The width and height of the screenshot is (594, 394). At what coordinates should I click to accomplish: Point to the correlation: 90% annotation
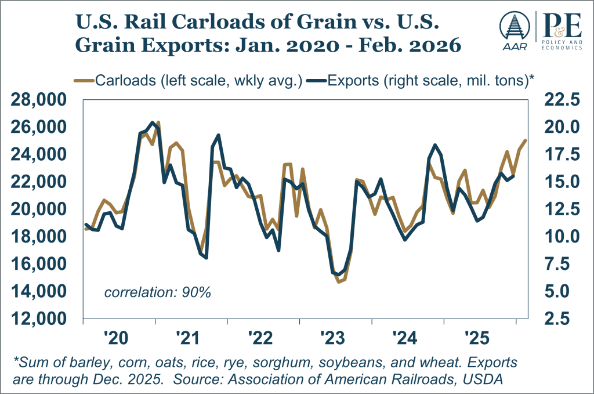pyautogui.click(x=157, y=292)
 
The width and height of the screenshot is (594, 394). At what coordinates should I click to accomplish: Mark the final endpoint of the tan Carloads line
pyautogui.click(x=526, y=140)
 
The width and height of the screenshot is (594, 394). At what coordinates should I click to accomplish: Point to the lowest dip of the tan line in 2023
pyautogui.click(x=339, y=282)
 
